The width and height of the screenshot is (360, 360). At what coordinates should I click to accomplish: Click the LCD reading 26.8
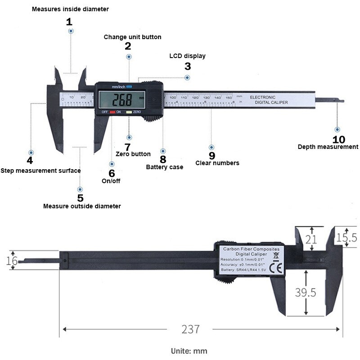[122, 99]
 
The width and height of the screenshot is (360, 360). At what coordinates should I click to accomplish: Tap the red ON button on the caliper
[112, 112]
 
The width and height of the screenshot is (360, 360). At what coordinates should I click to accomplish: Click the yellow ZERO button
[129, 112]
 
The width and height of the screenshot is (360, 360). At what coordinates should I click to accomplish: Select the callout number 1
[69, 22]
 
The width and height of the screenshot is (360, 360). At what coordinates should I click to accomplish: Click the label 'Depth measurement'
[328, 147]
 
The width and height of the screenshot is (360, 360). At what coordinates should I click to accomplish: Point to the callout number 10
[338, 139]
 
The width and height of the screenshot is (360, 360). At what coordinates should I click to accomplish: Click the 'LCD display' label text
[187, 56]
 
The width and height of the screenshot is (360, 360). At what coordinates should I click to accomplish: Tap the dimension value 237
[190, 329]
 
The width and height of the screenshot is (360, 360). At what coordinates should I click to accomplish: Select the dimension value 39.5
[306, 292]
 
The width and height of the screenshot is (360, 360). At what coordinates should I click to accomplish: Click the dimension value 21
[311, 240]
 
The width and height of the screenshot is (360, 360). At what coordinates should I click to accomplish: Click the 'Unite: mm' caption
[189, 351]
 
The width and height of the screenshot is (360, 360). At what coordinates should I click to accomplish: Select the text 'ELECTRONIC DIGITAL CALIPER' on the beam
[268, 100]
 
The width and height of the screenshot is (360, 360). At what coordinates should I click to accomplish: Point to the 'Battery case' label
[164, 167]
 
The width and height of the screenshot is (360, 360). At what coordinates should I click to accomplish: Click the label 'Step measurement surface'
[40, 171]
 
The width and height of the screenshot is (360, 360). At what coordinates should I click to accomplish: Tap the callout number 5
[80, 198]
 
